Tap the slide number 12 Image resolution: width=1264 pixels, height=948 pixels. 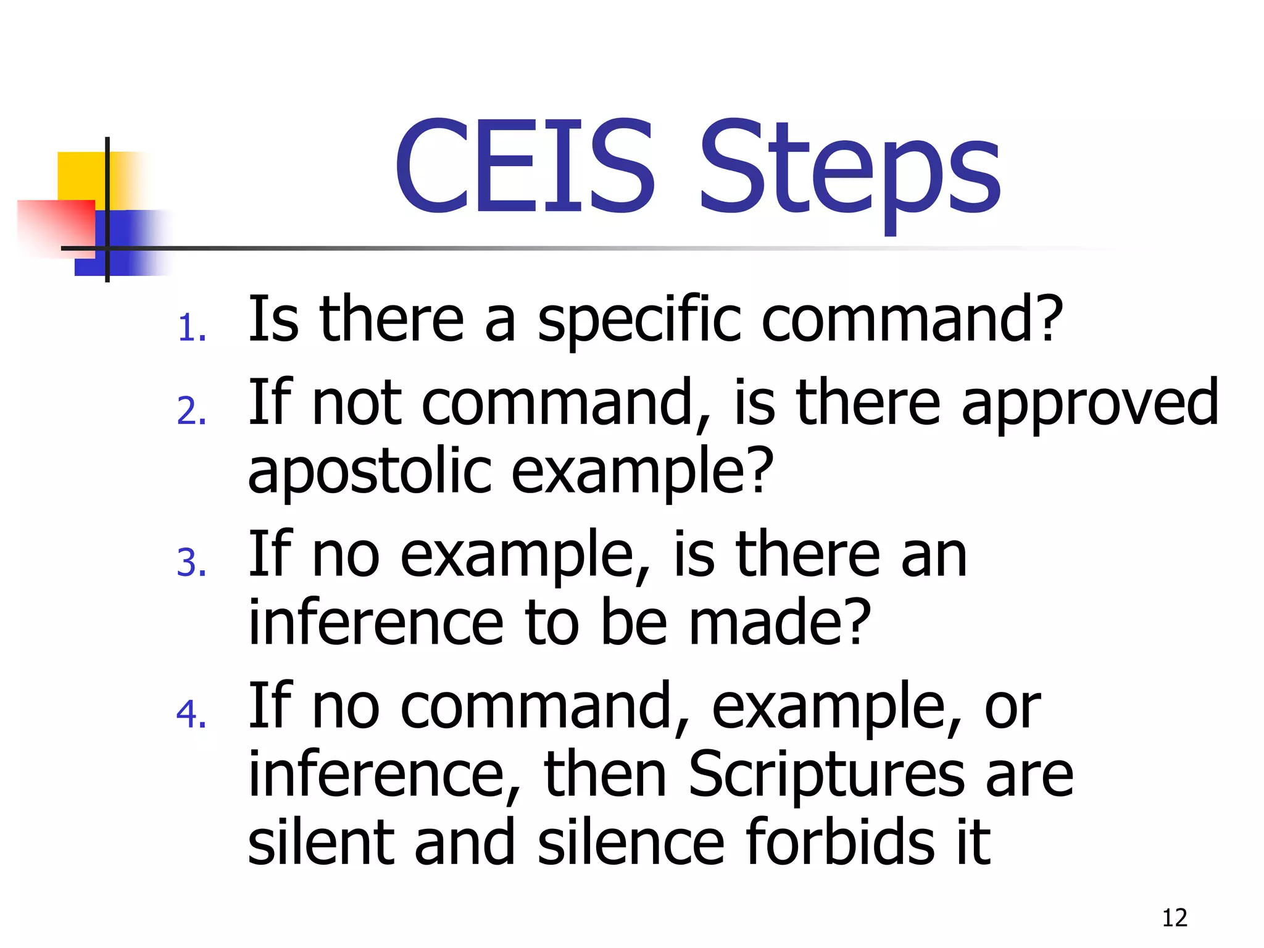[1175, 918]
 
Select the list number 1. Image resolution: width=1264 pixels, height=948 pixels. [191, 328]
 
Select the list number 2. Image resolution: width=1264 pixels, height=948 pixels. [191, 411]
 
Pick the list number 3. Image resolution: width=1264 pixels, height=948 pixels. [191, 563]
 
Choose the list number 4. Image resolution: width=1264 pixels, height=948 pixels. [191, 715]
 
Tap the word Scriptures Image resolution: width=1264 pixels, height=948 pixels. [826, 775]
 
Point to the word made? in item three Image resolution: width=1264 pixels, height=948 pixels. [779, 622]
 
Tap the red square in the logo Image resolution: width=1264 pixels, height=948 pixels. [56, 225]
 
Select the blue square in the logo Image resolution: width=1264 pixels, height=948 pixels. [133, 244]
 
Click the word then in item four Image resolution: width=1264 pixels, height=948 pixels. [605, 775]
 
